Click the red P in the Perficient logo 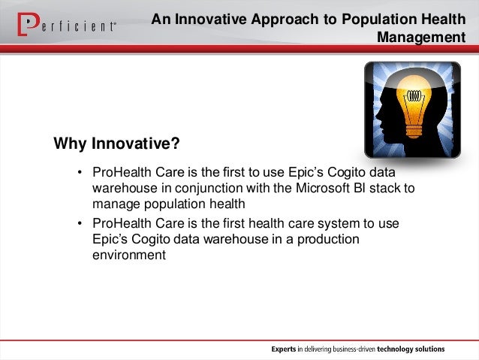tap(28, 24)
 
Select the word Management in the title tap(421, 38)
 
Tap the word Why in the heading tap(70, 144)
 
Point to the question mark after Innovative tap(176, 143)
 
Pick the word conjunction tap(209, 189)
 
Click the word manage tap(116, 204)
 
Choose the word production tap(328, 240)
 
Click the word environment tap(129, 255)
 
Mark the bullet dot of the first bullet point tap(80, 172)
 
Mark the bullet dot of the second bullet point tap(80, 223)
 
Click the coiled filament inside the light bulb tap(414, 96)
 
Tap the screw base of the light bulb tap(414, 131)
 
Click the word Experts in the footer tap(284, 349)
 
